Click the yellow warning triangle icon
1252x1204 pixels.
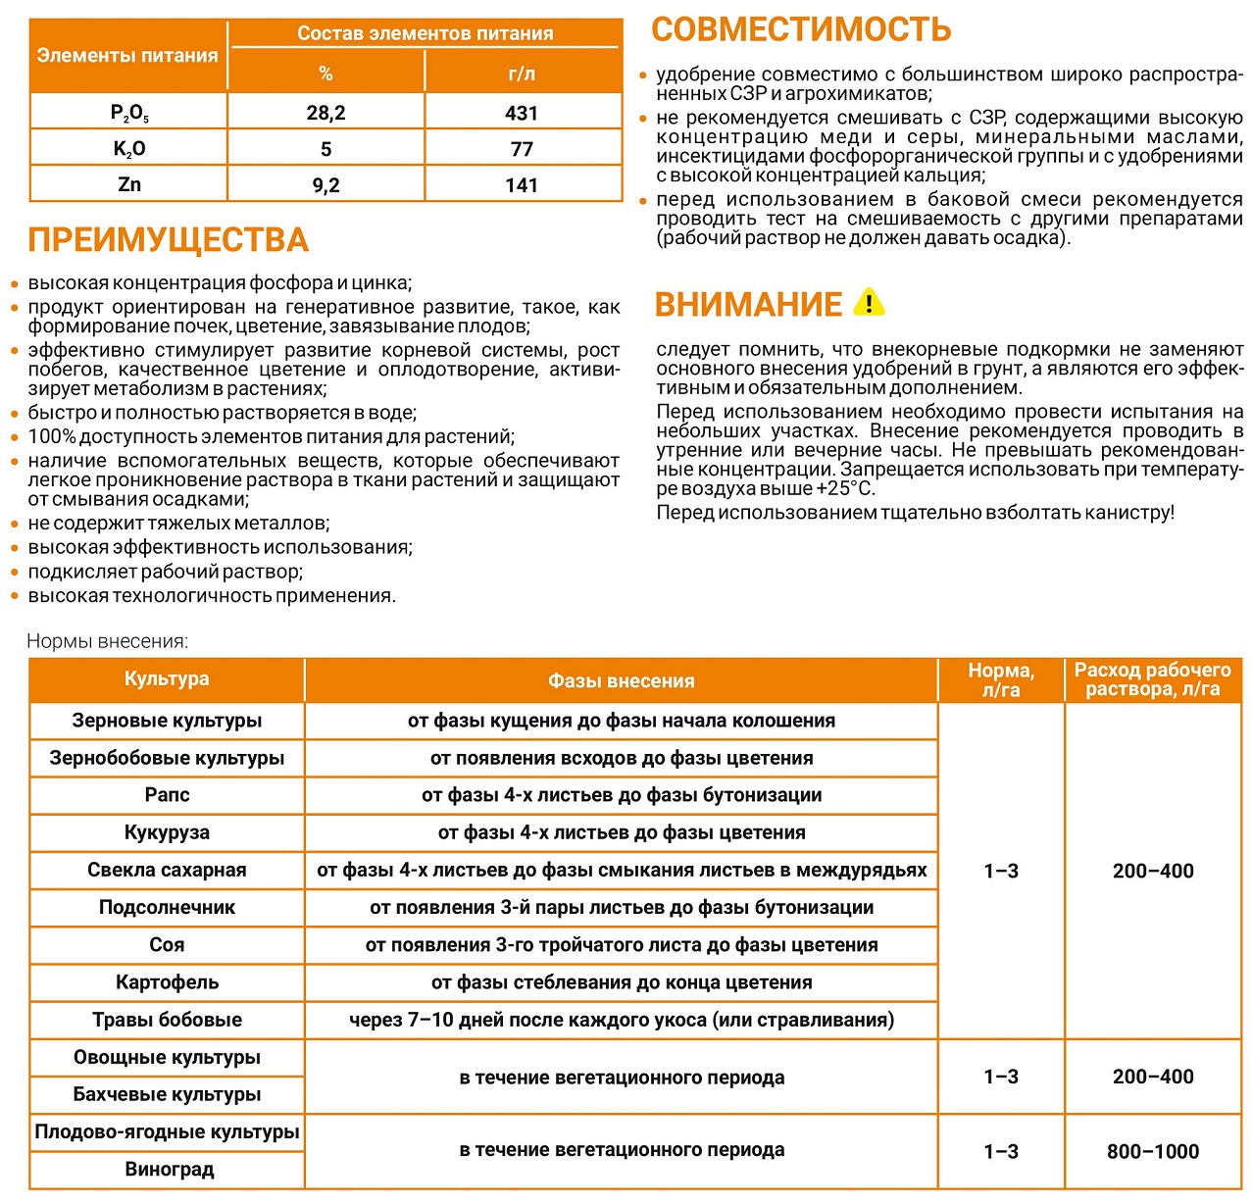(869, 303)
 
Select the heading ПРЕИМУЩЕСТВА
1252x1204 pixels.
(168, 240)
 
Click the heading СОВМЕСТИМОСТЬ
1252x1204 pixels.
(801, 29)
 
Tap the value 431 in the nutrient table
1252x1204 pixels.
(522, 113)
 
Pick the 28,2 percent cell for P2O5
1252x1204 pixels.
(326, 113)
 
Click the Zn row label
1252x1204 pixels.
(129, 184)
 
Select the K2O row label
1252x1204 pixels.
(129, 149)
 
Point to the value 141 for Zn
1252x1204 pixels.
(522, 185)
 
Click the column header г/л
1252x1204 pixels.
(522, 74)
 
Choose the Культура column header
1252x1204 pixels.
(167, 679)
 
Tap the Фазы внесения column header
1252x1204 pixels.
(621, 680)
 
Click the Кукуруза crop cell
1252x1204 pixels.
(167, 832)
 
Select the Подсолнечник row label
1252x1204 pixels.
(167, 907)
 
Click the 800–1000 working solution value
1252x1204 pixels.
(1153, 1151)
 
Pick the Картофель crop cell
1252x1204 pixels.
(167, 982)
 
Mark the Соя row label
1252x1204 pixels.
(167, 945)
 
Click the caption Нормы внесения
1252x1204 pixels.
(107, 641)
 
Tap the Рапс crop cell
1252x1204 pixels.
(167, 795)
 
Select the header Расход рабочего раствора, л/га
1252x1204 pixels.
(1153, 679)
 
